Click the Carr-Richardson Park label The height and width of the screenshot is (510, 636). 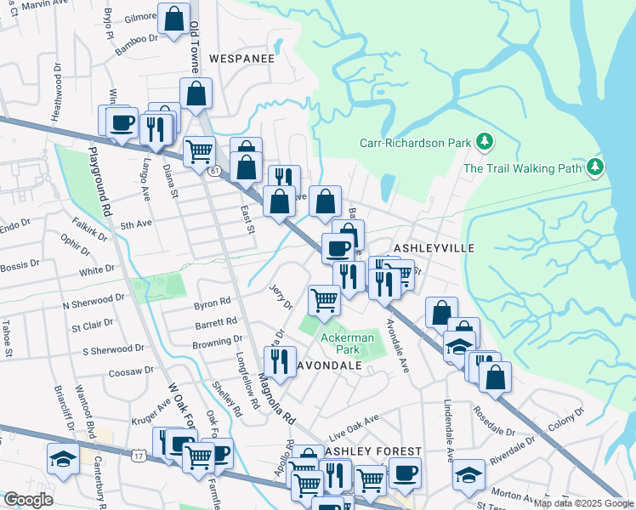[414, 144]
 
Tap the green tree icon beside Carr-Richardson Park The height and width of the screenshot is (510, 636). [485, 140]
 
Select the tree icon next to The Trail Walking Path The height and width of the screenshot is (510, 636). [597, 167]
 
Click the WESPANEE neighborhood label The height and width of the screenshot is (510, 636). [242, 59]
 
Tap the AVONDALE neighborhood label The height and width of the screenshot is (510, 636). [331, 365]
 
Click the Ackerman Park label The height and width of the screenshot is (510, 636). [347, 343]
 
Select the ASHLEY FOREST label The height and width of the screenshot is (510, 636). [372, 450]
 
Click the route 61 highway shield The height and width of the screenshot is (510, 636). [215, 170]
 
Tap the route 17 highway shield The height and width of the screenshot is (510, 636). [138, 456]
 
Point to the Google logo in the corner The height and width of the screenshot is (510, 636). [28, 499]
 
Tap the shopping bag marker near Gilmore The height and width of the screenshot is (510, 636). [173, 20]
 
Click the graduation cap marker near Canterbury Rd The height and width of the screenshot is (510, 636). [63, 459]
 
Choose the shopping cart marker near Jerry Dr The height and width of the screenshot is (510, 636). [324, 300]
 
